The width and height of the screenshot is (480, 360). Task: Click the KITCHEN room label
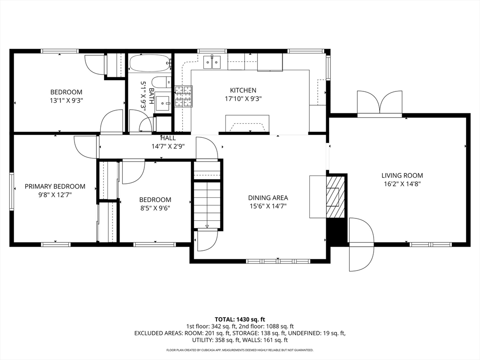point(243,90)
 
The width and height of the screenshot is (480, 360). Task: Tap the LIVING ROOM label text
point(402,175)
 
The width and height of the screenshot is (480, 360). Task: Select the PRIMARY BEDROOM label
point(55,186)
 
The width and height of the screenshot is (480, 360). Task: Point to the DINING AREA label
point(268,198)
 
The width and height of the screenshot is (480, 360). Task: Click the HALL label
point(168,138)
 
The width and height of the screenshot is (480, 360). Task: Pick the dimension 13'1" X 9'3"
point(67,100)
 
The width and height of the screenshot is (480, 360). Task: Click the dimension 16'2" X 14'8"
point(402,184)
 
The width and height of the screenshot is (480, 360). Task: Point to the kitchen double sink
point(212,61)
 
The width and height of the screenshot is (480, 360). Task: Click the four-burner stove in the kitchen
point(183,96)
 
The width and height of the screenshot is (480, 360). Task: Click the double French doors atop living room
point(379,103)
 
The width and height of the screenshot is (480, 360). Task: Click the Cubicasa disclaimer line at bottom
point(240,350)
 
